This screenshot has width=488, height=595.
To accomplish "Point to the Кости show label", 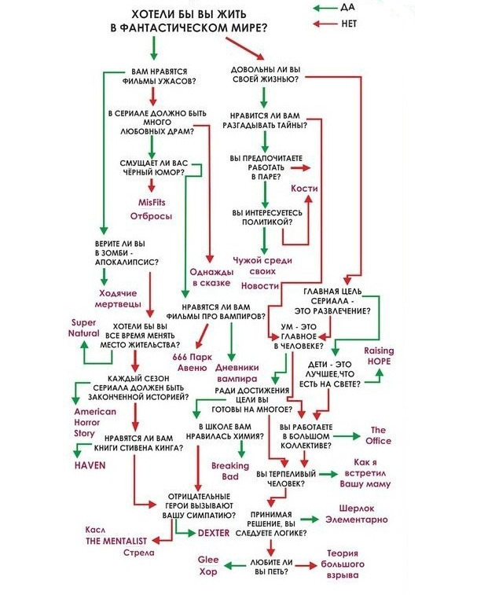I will (x=304, y=189).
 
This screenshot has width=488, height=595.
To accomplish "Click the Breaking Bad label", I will (x=229, y=471).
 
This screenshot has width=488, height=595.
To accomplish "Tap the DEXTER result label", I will (x=214, y=532).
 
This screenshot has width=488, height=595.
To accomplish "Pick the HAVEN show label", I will (x=90, y=465).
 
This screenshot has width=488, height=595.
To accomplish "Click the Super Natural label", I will (x=84, y=328).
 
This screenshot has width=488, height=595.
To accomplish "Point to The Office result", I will (x=379, y=435).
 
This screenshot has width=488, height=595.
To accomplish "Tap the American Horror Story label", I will (x=95, y=422).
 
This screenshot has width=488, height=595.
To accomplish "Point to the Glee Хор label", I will (x=207, y=566).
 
